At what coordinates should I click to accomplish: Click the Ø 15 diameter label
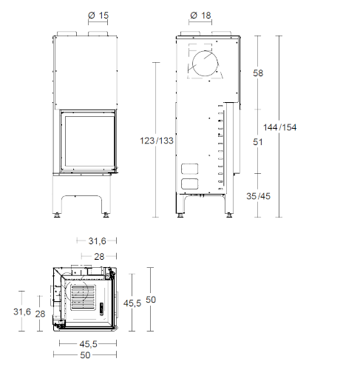(x=98, y=16)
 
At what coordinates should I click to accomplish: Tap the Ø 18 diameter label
(x=200, y=16)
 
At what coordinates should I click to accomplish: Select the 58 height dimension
(x=258, y=73)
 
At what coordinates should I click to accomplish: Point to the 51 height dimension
(x=258, y=142)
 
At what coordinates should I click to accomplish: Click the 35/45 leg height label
(x=258, y=196)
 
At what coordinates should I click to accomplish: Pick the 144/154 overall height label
(x=279, y=127)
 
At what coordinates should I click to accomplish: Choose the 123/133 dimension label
(x=157, y=141)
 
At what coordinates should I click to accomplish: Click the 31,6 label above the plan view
(x=97, y=241)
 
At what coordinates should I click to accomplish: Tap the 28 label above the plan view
(x=99, y=257)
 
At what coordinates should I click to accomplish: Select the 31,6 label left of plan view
(x=22, y=312)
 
